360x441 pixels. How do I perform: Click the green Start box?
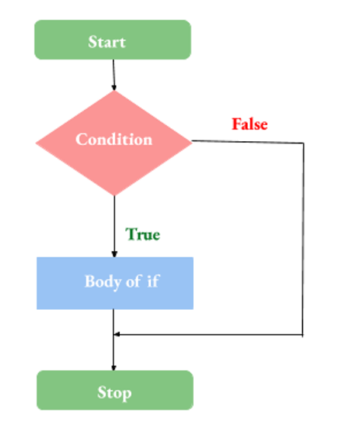click(x=112, y=40)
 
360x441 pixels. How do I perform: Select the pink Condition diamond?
click(x=114, y=141)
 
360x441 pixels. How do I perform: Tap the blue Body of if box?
click(x=114, y=282)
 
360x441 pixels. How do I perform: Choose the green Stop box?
click(x=114, y=391)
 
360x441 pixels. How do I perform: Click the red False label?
click(x=249, y=124)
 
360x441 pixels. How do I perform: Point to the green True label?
click(x=143, y=234)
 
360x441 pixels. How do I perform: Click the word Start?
click(x=107, y=41)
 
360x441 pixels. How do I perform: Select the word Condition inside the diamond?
click(x=114, y=140)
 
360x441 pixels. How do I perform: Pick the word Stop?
click(x=114, y=393)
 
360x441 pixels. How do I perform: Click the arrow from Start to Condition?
click(x=113, y=74)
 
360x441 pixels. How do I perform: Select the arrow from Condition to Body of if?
click(x=114, y=225)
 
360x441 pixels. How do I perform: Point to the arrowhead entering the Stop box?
click(x=114, y=368)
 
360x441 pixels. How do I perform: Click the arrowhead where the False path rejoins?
click(x=117, y=334)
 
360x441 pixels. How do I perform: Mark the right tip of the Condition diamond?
click(x=191, y=141)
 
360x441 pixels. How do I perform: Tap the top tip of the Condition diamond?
click(x=114, y=91)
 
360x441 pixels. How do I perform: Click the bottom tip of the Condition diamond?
click(x=114, y=195)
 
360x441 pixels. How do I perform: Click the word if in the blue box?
click(x=153, y=281)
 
